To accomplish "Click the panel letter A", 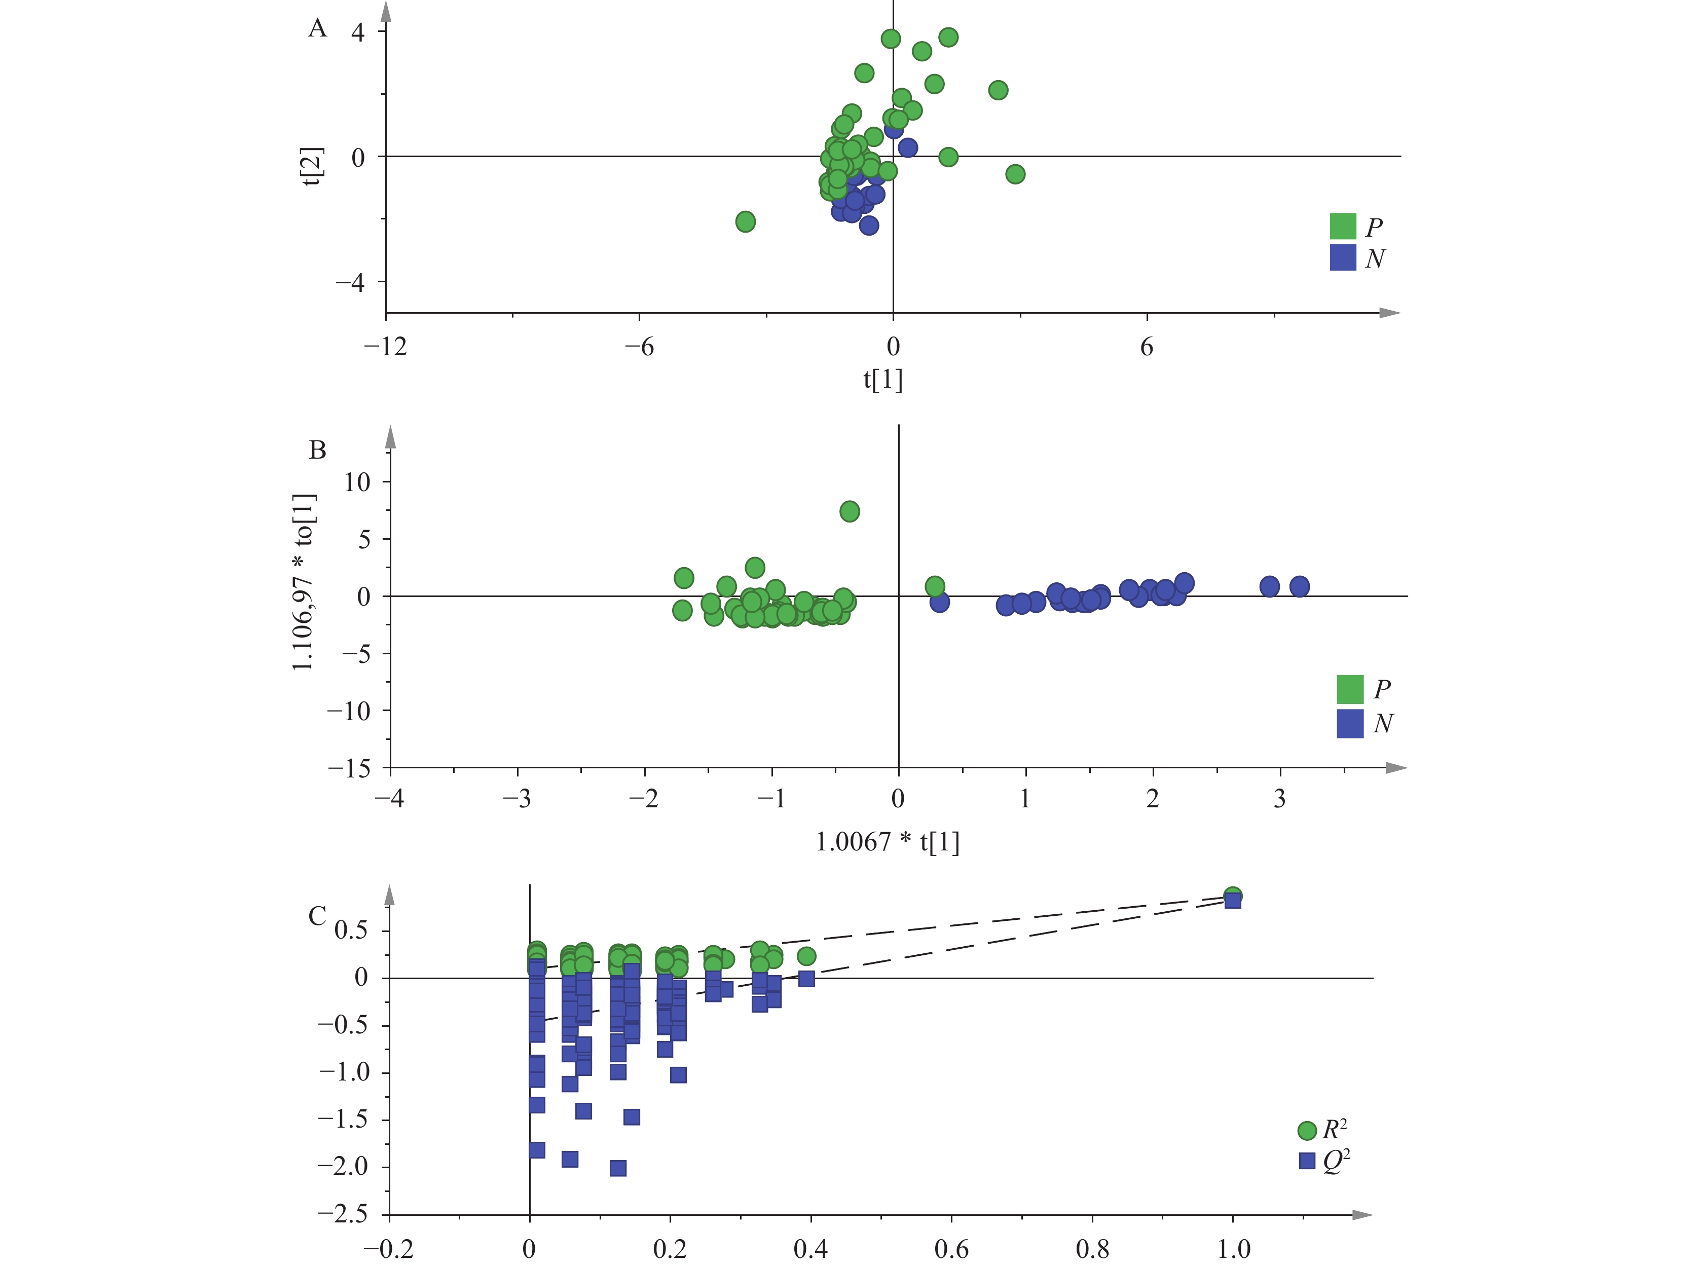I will click(x=317, y=28).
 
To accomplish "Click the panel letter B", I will click(x=317, y=450).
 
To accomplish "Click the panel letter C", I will click(x=317, y=916).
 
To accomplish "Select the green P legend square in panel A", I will click(x=1343, y=226).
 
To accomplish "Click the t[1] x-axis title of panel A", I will click(x=882, y=380).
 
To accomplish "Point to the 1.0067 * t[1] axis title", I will click(x=887, y=842).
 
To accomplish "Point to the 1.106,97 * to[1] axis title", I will click(x=304, y=582).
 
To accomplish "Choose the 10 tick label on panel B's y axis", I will click(x=357, y=482).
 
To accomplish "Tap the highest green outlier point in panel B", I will click(x=850, y=511).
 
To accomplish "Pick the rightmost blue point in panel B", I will click(x=1299, y=587).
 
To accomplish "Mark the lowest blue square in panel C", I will click(x=618, y=1168).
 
